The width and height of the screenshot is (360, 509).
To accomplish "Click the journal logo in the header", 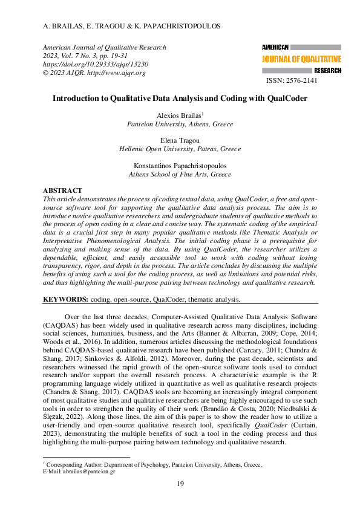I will (x=301, y=59).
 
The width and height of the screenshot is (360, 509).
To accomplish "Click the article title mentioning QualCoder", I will (x=180, y=98).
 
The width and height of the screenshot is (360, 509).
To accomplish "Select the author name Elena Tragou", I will (x=180, y=140).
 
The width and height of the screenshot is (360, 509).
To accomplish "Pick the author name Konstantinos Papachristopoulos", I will (x=180, y=166).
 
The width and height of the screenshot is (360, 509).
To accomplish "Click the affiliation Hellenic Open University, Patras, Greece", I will (x=180, y=149).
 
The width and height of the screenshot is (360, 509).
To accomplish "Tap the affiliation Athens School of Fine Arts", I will (x=180, y=174).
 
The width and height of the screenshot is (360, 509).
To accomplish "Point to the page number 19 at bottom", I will (x=180, y=484).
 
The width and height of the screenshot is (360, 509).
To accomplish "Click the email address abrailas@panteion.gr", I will (x=88, y=471).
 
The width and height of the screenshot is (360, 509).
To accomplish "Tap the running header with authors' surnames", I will (x=132, y=27).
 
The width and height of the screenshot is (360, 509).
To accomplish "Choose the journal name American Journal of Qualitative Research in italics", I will (x=104, y=47).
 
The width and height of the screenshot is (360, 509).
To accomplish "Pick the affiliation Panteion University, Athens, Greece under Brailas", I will (x=180, y=123).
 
